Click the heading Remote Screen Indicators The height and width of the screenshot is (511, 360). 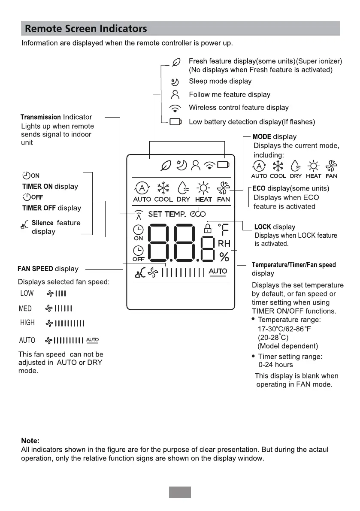click(86, 29)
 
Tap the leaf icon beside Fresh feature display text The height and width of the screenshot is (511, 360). click(176, 63)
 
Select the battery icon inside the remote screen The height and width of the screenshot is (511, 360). click(223, 164)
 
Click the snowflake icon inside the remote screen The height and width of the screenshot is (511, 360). click(163, 187)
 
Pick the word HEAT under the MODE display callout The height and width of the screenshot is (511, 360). click(314, 176)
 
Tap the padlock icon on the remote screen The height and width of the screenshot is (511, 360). click(208, 227)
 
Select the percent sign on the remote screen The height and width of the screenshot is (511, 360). click(224, 257)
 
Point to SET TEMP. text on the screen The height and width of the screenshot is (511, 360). click(167, 214)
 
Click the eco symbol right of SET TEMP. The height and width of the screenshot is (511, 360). click(198, 214)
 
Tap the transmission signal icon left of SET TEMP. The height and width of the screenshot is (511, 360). click(138, 214)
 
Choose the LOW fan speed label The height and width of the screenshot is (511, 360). click(27, 293)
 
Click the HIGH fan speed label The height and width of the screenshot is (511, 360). click(27, 323)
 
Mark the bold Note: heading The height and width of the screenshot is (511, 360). click(30, 441)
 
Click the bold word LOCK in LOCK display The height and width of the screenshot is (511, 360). click(263, 227)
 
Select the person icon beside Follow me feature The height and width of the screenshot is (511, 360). click(175, 94)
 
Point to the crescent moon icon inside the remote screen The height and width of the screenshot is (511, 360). click(181, 164)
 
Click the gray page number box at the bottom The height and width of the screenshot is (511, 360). click(180, 492)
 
